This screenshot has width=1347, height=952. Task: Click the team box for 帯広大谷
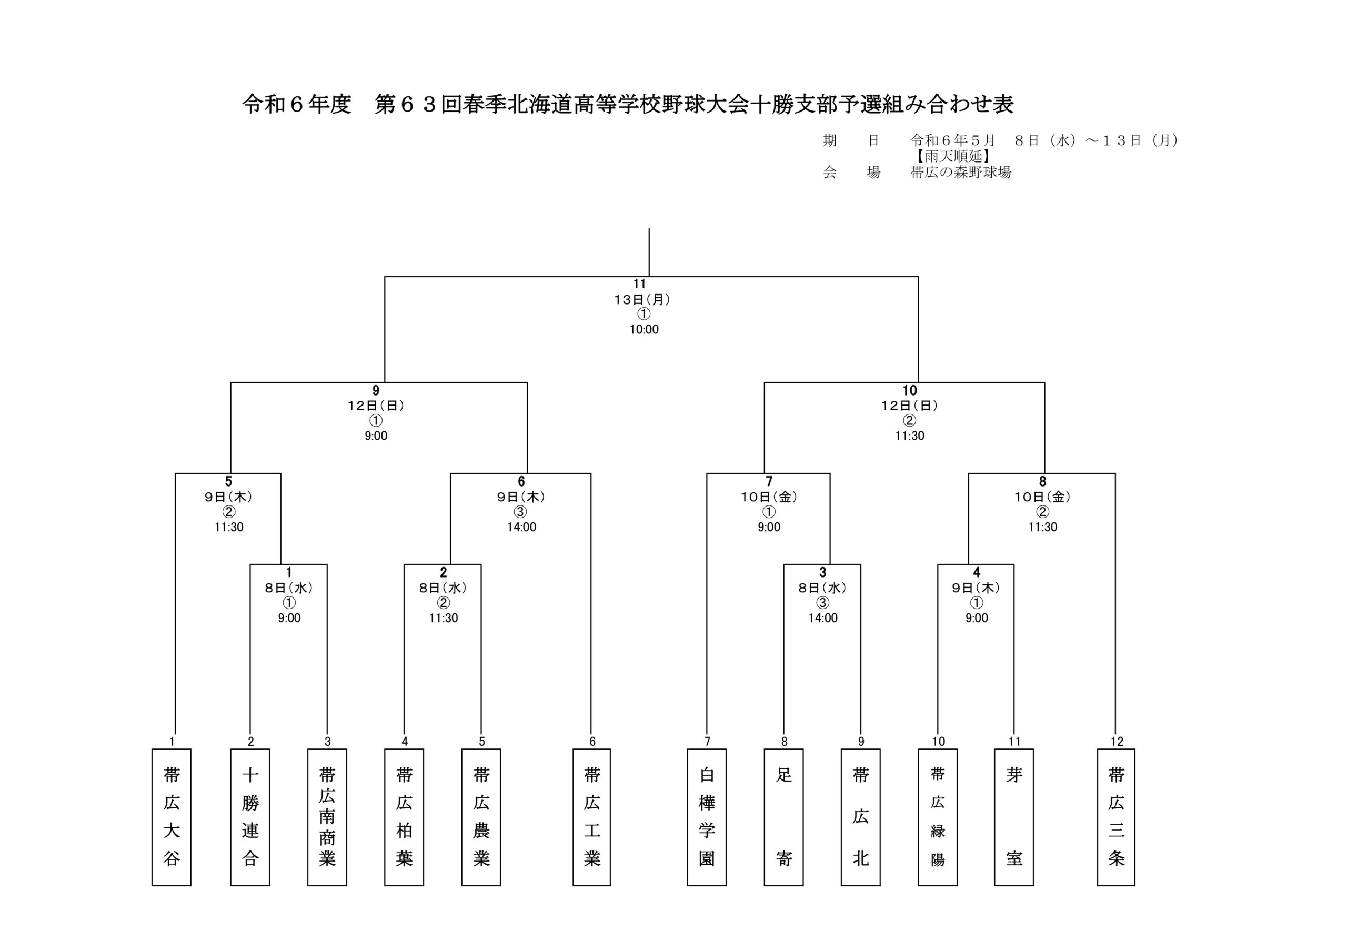coord(172,816)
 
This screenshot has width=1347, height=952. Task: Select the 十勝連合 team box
coord(250,816)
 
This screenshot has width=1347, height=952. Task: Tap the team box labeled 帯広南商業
coord(327,816)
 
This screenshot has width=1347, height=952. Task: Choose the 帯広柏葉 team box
coord(404,816)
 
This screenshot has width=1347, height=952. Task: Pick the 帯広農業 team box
coord(481,816)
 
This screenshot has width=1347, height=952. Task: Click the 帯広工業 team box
coord(591,816)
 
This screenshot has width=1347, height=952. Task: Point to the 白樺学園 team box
coord(706,816)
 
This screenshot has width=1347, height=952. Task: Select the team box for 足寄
coord(784,816)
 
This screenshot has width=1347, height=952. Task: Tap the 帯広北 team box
coord(861,816)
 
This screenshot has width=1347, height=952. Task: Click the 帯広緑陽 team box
coord(938,816)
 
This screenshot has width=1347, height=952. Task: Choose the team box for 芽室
coord(1014,816)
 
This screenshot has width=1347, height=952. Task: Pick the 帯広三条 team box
coord(1116,816)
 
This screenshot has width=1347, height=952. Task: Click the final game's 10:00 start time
coord(644,330)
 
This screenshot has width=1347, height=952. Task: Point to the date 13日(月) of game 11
coord(642,300)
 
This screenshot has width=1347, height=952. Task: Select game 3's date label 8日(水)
coord(822,588)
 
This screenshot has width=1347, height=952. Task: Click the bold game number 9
coord(376,391)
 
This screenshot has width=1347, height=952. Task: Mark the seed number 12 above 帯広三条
coord(1117,742)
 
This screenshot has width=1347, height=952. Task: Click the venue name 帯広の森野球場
coord(960,173)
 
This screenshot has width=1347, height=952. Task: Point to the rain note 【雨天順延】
coord(953,157)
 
